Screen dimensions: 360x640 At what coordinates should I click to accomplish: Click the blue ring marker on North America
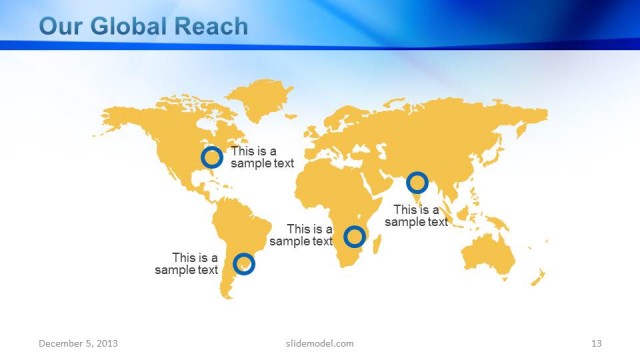[211, 157]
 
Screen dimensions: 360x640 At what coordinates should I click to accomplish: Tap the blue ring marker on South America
[244, 264]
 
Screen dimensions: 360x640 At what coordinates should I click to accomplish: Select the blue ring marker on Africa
[354, 237]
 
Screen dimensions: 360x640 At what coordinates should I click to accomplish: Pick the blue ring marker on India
[417, 183]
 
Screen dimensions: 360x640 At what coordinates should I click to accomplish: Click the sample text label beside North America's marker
[262, 157]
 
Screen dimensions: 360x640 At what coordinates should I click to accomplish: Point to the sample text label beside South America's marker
[187, 263]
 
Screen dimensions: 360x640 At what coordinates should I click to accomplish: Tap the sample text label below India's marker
[417, 216]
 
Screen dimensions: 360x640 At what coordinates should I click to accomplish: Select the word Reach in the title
[212, 26]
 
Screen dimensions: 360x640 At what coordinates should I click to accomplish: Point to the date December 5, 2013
[78, 343]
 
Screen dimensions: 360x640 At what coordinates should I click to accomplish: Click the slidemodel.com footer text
[313, 343]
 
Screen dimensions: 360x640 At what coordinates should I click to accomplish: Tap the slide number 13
[596, 343]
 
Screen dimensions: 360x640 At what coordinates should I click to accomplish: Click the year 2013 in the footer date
[106, 343]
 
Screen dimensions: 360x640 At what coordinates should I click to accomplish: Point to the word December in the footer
[59, 343]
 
